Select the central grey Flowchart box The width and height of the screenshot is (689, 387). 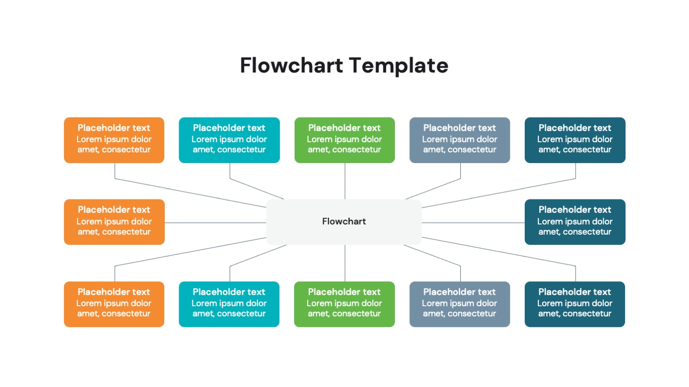[344, 222]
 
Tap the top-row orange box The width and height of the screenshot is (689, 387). [114, 140]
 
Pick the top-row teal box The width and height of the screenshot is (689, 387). [229, 140]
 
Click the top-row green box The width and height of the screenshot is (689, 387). [344, 140]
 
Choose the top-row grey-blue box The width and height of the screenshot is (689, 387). [459, 140]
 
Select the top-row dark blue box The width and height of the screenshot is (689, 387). [575, 140]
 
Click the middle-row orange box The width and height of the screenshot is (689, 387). [114, 222]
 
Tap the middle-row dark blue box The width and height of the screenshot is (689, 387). [575, 222]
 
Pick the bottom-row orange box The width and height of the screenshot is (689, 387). [114, 304]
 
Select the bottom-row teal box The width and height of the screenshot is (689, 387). [229, 304]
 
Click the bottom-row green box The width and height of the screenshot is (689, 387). [344, 304]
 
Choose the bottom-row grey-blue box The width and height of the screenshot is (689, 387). [459, 304]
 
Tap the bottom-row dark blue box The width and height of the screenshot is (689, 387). [575, 304]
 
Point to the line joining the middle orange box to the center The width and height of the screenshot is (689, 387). [216, 223]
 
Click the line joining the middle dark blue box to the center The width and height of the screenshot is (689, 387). [473, 223]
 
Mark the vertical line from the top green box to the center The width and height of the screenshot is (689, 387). [345, 181]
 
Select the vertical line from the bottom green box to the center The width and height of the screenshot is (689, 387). [345, 263]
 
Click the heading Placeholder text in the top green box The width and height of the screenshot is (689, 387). [344, 128]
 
